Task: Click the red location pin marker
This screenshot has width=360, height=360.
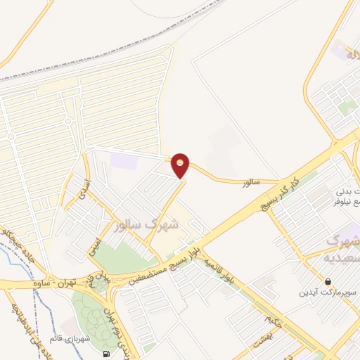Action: coord(181,166)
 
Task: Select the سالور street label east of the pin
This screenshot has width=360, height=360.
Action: coord(251,183)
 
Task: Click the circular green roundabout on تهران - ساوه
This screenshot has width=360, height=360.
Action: coord(101,284)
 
